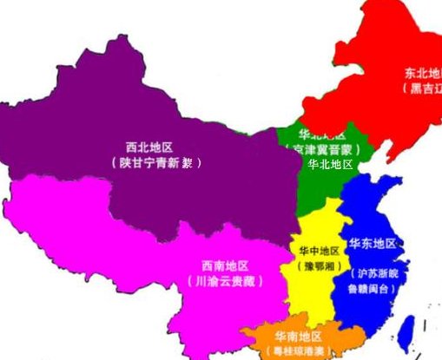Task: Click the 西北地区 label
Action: pos(149,147)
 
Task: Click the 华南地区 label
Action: pos(299,336)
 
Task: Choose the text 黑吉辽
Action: pos(424,88)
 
